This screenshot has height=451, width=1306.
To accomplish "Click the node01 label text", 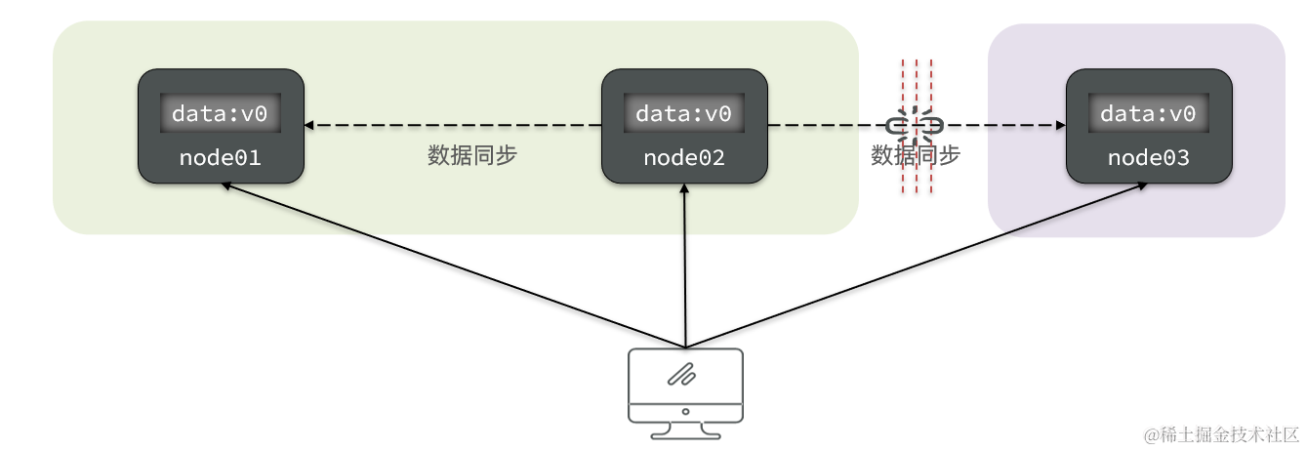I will pos(220,157).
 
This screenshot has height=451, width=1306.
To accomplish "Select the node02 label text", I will pos(684,157).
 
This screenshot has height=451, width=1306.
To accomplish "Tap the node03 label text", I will pos(1149,157).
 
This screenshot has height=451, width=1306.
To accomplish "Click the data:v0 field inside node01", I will pos(220,114).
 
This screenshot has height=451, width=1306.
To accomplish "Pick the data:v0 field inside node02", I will pos(684,114).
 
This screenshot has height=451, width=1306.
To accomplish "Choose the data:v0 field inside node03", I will pos(1149,114).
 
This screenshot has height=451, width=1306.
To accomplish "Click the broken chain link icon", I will pos(915,126).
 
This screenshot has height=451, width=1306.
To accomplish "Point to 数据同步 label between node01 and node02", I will pos(471,156).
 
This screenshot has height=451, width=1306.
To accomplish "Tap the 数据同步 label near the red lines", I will pos(915,155).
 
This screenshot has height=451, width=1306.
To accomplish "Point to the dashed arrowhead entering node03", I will pos(1059,126).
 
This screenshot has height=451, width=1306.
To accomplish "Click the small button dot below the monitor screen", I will pos(685,411).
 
